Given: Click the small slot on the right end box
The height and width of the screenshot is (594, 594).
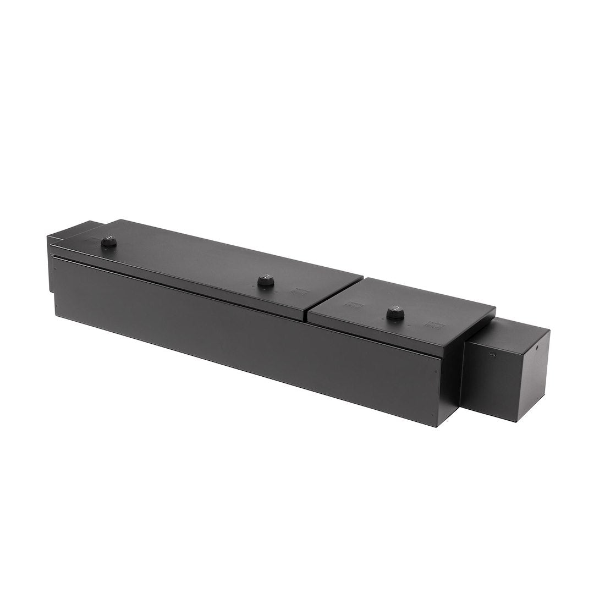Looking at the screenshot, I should point(492,355).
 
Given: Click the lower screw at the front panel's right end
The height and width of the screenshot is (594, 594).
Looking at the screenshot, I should point(432,414).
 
